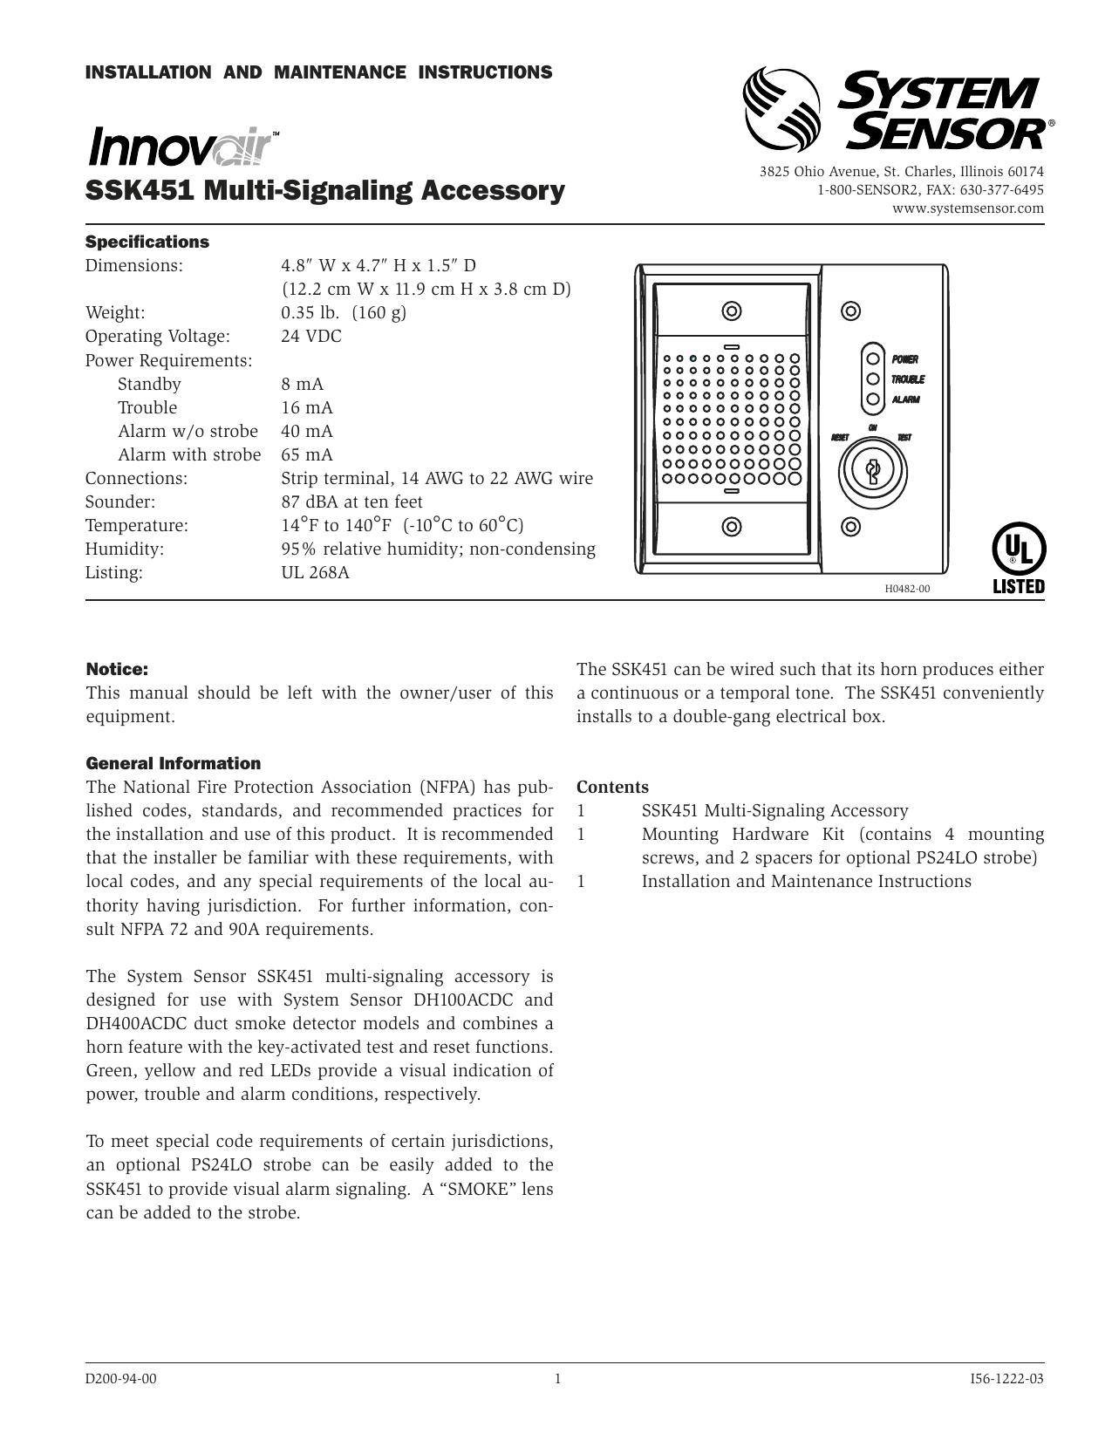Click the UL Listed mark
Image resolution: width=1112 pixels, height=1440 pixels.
click(1018, 559)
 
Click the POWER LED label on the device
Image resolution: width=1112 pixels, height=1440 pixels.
click(904, 359)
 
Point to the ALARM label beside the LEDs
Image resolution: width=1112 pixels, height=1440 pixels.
click(905, 399)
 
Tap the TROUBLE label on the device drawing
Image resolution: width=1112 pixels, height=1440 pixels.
click(907, 379)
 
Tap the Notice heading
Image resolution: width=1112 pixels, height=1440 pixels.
click(117, 669)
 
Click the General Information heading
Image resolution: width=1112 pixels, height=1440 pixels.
click(173, 763)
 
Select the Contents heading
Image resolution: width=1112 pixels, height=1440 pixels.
click(612, 787)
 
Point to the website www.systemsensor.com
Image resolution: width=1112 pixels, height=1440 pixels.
click(967, 208)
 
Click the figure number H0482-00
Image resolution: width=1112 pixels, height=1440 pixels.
click(907, 589)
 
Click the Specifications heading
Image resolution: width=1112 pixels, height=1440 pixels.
click(147, 242)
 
